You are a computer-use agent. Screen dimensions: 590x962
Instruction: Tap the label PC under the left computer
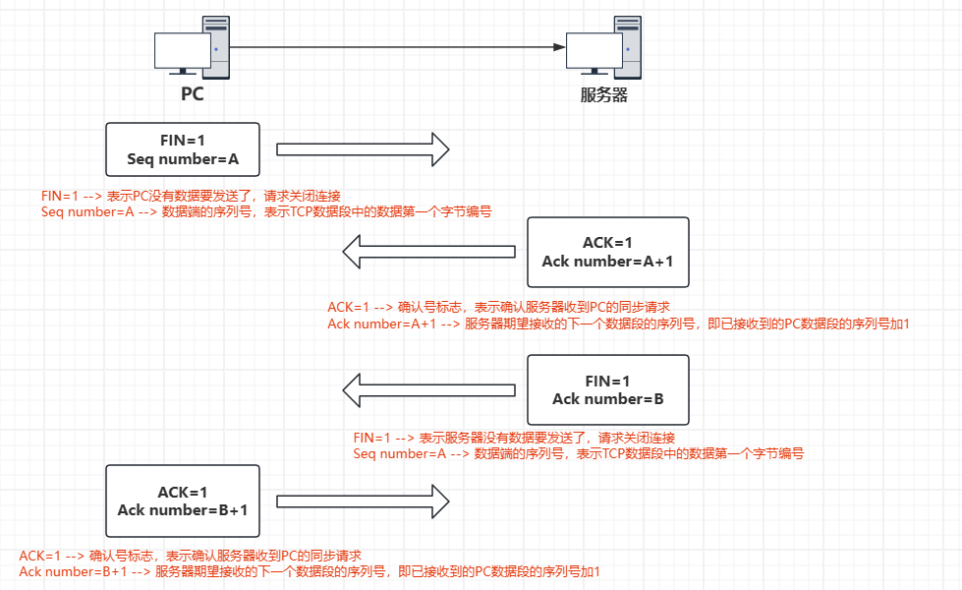(193, 94)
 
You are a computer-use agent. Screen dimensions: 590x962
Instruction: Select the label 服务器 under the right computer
(603, 95)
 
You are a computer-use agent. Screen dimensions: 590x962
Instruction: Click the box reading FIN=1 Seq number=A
(183, 149)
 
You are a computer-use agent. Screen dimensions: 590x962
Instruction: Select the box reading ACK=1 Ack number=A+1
(608, 253)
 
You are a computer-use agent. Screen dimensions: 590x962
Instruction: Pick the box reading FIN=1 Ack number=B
(608, 389)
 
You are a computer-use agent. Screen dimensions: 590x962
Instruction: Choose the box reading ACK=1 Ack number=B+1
(183, 501)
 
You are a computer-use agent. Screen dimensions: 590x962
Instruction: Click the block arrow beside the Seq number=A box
(363, 149)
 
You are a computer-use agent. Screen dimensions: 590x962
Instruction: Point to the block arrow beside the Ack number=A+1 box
(428, 253)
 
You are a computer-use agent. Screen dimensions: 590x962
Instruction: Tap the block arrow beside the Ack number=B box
(428, 389)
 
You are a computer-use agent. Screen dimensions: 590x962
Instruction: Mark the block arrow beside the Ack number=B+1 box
(363, 501)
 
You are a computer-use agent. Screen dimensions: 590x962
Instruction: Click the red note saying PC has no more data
(191, 196)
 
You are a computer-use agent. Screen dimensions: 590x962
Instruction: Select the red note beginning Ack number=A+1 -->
(619, 324)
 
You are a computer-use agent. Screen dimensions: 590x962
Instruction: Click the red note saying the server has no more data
(514, 438)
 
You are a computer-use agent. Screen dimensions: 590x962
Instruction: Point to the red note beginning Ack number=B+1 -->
(309, 571)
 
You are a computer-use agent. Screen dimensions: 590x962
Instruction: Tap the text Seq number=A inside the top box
(183, 159)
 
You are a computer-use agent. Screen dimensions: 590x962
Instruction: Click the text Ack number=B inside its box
(608, 399)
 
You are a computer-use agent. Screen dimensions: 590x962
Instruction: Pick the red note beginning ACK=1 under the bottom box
(197, 556)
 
